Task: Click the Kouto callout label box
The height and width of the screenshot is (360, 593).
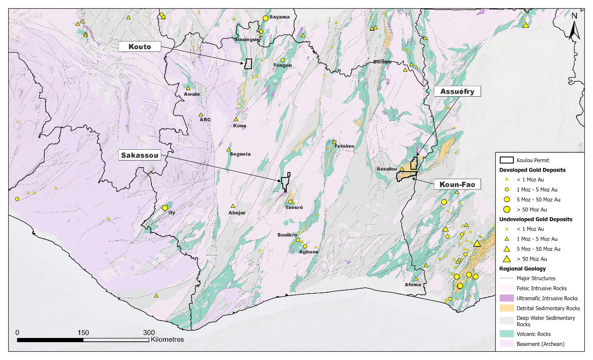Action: click(140, 46)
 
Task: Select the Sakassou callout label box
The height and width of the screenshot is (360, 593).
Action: click(140, 156)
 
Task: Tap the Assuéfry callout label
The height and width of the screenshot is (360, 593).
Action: click(457, 91)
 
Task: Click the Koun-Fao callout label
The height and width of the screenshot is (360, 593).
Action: click(457, 185)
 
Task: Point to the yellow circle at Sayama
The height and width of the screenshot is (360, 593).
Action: click(266, 18)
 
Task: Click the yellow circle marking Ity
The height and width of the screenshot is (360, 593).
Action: click(165, 208)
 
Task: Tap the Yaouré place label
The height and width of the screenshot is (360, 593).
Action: click(294, 207)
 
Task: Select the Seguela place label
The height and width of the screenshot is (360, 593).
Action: click(240, 154)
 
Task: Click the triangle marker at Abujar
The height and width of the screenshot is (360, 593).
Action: click(233, 206)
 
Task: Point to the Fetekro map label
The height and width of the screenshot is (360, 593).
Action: click(344, 146)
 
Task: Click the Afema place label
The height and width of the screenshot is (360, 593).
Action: click(413, 285)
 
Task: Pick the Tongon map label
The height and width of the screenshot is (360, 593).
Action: click(282, 66)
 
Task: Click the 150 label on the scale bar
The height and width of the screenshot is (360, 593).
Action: click(83, 333)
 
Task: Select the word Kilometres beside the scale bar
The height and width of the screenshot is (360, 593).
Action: click(167, 340)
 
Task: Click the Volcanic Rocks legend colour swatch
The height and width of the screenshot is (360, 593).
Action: click(506, 334)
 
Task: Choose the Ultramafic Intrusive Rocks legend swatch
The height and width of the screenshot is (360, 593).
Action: click(506, 298)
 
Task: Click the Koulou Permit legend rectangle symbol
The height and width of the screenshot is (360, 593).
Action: click(506, 160)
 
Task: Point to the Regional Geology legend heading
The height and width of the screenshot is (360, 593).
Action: click(522, 269)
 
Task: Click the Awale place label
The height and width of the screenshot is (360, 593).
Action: click(192, 94)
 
